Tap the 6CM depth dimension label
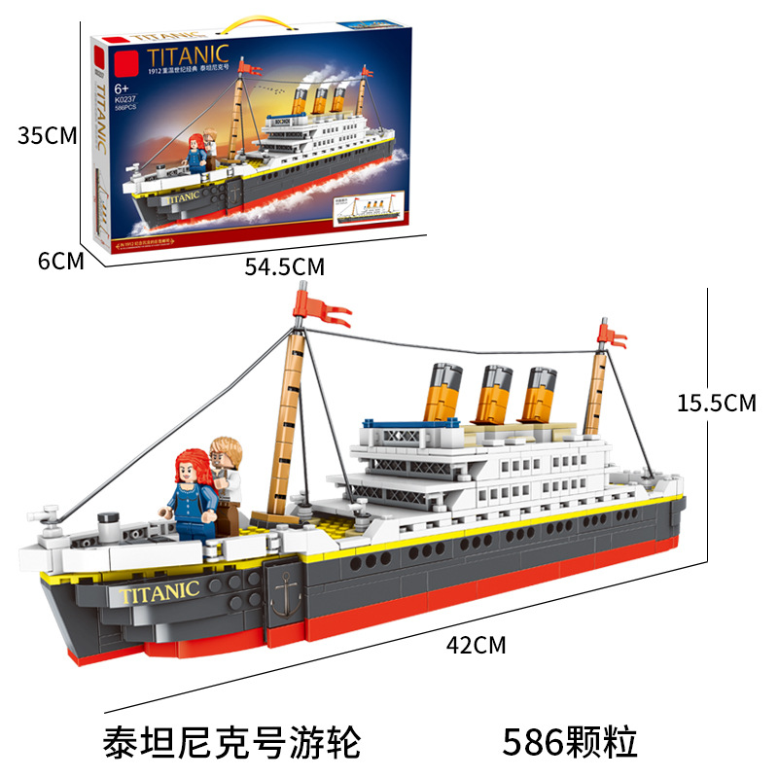pos(59,261)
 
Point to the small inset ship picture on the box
pos(371,208)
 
